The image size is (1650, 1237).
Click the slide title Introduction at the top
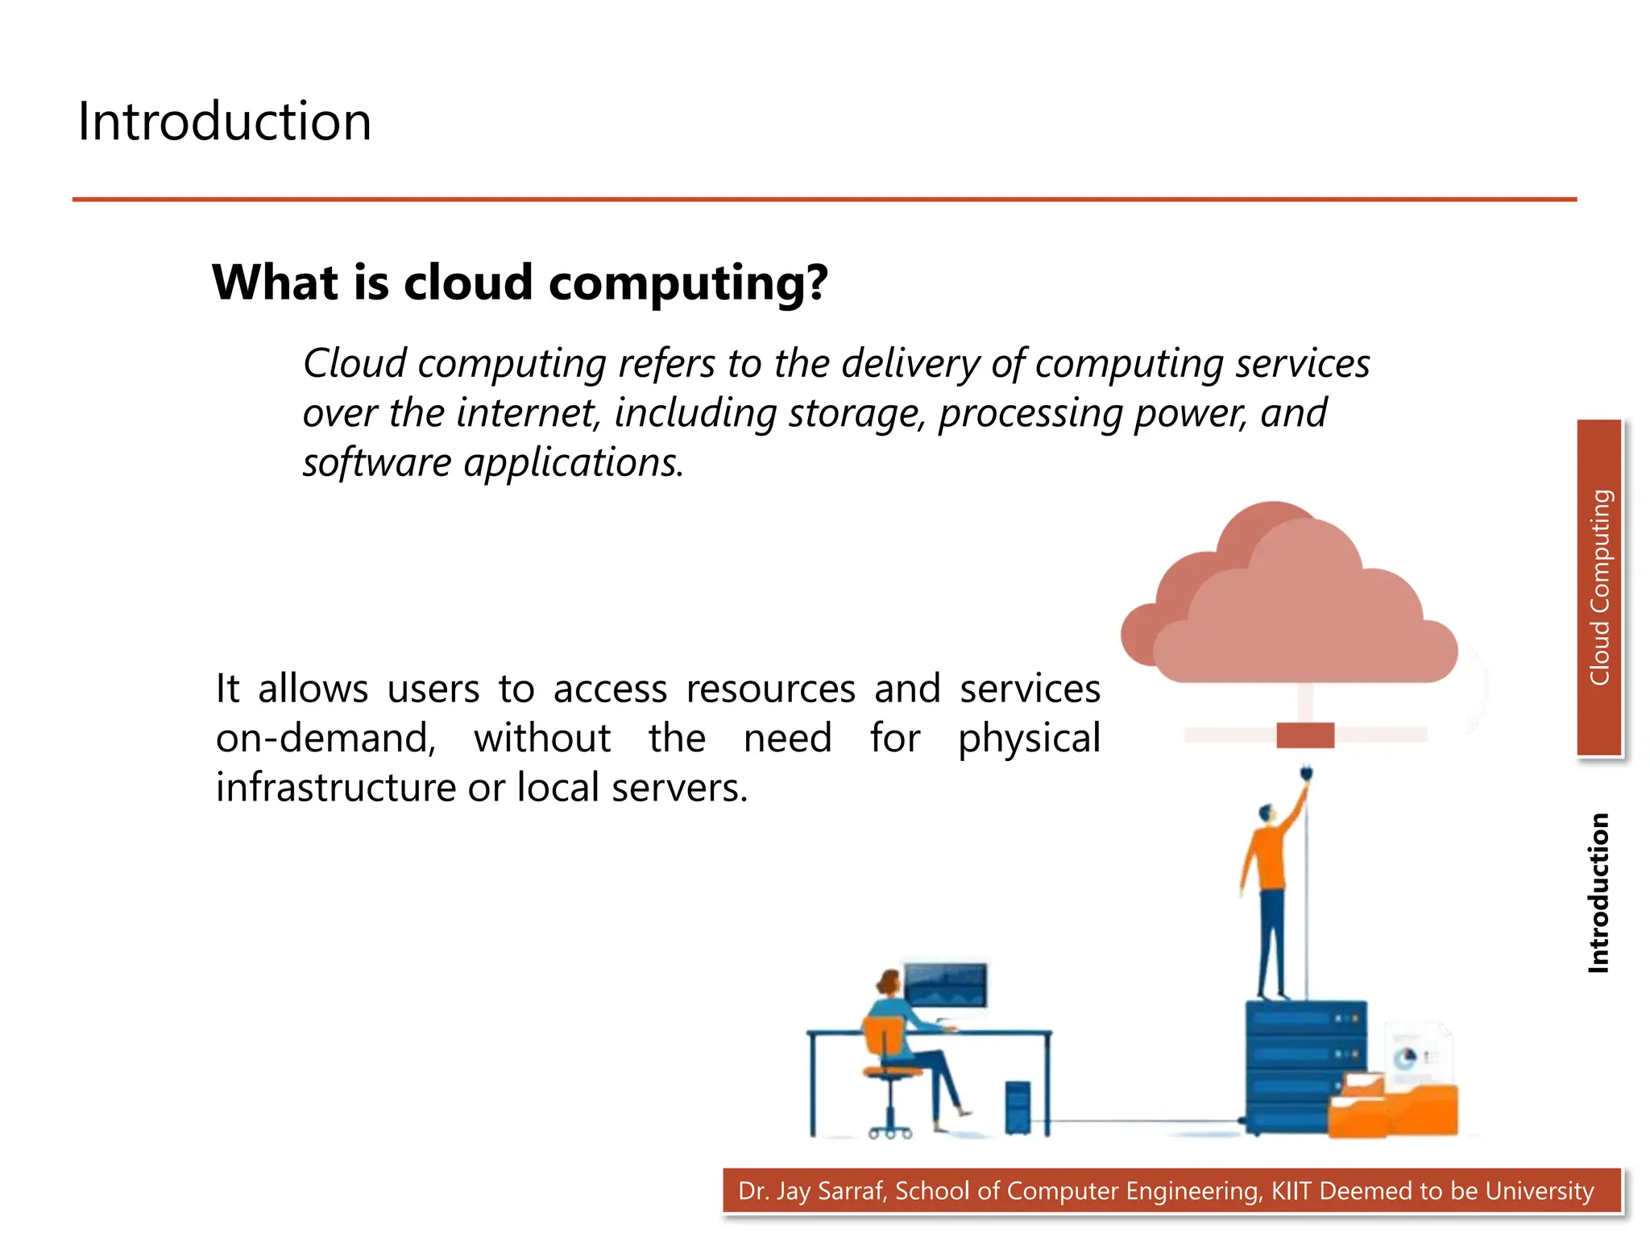[224, 122]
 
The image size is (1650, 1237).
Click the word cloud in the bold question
[468, 283]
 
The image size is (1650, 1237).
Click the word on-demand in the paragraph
[325, 738]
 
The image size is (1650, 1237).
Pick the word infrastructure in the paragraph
[335, 788]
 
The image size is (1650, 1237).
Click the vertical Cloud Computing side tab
[1599, 588]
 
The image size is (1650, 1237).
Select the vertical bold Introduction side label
[1598, 892]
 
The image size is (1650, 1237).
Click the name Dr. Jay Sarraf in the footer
[812, 1190]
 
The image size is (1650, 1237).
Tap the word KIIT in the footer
[1291, 1190]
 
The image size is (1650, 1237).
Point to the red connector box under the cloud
[1305, 735]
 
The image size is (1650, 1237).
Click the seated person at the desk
[902, 1039]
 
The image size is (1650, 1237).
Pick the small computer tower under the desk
[1018, 1107]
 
